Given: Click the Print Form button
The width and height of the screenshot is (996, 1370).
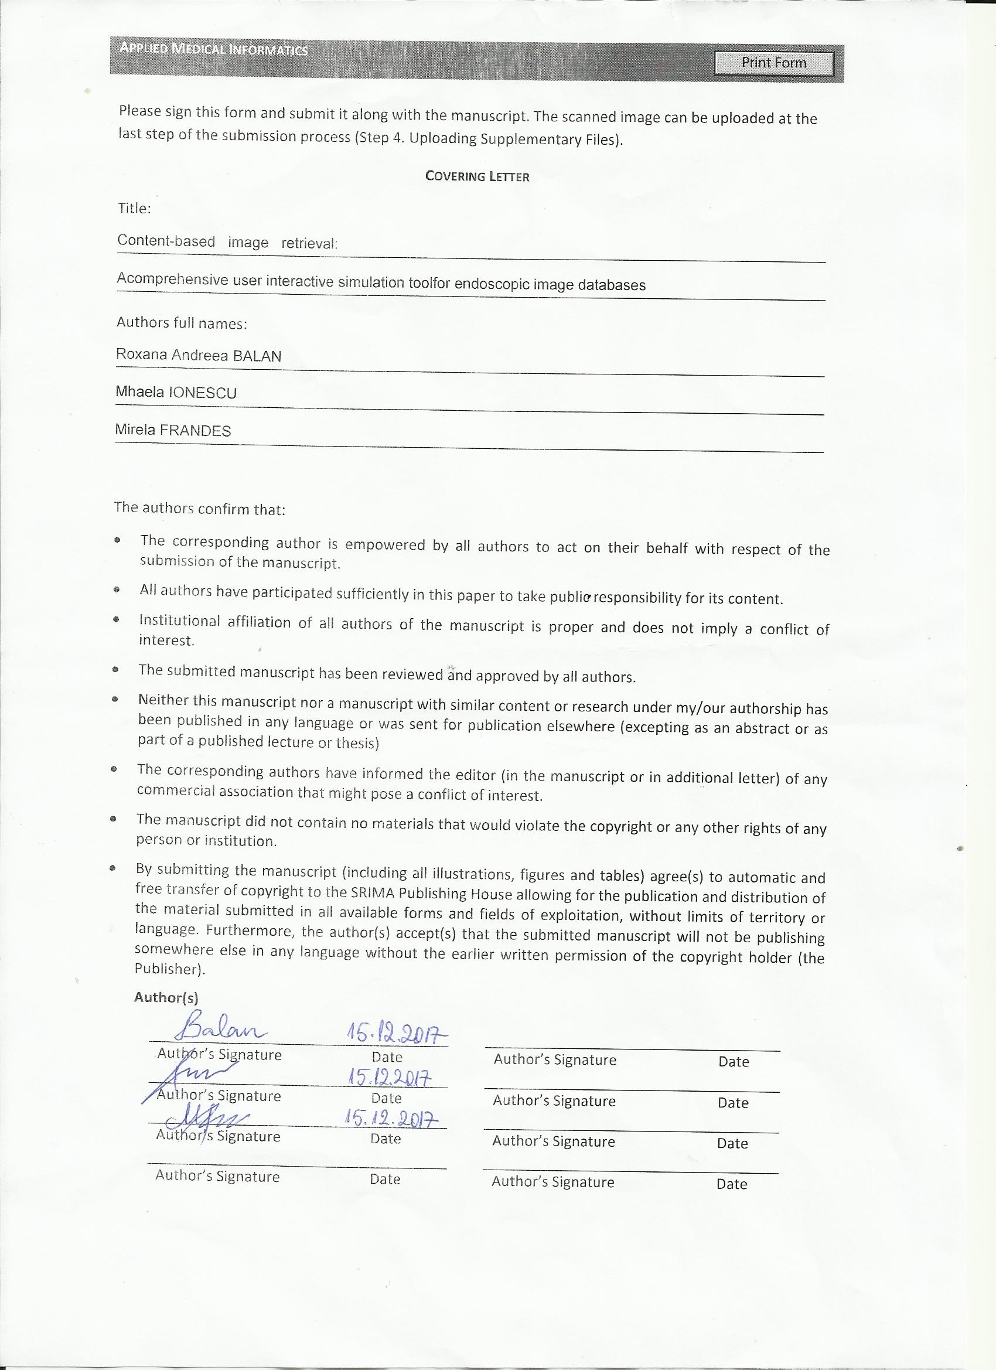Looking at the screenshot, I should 773,63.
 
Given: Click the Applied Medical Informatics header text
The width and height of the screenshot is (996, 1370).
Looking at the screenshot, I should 213,49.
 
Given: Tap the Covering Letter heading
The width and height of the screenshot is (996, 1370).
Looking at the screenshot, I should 477,176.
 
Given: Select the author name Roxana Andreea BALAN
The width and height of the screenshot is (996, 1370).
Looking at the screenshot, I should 199,355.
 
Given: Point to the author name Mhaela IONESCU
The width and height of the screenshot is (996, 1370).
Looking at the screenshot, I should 176,393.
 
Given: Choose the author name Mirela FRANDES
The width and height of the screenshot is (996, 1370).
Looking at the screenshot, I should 173,430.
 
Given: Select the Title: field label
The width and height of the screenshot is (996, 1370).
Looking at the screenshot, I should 134,209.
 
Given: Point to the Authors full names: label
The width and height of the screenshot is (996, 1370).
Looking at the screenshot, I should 182,323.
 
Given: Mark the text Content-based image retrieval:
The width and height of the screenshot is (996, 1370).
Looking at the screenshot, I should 227,241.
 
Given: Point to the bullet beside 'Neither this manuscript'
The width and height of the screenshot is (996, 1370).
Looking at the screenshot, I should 115,700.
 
